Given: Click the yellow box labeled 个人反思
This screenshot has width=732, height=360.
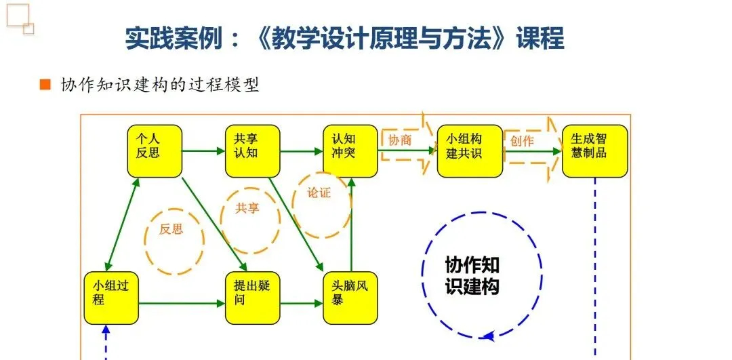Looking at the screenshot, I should coord(155,151).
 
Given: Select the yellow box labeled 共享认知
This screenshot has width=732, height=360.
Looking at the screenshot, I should coord(252,151).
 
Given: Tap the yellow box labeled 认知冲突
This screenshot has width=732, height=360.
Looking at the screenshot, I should coord(350,151).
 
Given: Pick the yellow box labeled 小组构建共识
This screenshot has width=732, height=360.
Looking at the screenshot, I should coord(470,151).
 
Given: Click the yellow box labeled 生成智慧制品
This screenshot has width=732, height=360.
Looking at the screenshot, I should coord(594,151).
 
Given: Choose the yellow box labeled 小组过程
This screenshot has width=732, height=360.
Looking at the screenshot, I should coord(110,298).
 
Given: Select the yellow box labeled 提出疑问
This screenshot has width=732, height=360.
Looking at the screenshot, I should coord(252,298).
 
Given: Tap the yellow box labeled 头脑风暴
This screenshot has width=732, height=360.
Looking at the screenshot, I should coord(350,298).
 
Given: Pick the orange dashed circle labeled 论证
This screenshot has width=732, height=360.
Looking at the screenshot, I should coord(321,201).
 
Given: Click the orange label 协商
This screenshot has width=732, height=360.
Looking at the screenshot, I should coord(399,140).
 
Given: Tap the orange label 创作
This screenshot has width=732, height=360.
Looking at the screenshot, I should coord(522,140).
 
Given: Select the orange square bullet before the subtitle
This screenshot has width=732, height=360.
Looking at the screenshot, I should coord(45,85).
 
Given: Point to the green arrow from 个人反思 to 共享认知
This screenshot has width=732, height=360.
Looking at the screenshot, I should coord(203,151).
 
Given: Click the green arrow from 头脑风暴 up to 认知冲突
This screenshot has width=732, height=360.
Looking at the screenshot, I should coord(351,224).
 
